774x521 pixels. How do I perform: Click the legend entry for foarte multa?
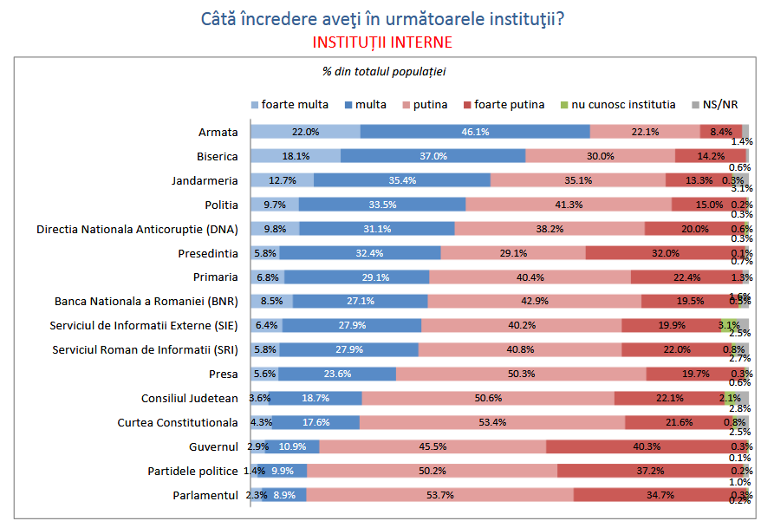[x=289, y=105]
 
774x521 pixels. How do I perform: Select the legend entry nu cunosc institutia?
[x=618, y=105]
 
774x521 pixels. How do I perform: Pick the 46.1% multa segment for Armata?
[x=475, y=132]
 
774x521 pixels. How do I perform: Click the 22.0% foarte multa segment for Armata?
[x=305, y=132]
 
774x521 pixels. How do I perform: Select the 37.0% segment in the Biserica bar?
[x=433, y=156]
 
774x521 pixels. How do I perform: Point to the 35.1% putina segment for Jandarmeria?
[x=578, y=180]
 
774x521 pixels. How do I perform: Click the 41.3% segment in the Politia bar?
[x=569, y=205]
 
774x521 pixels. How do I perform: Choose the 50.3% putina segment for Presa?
[x=521, y=374]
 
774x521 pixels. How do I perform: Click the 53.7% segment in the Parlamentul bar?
[x=439, y=495]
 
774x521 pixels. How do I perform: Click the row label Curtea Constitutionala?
[x=178, y=423]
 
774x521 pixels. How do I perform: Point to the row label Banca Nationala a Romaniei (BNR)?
[x=146, y=302]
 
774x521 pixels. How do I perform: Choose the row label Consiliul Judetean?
[x=189, y=399]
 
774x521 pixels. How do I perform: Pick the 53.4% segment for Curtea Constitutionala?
[x=492, y=423]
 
